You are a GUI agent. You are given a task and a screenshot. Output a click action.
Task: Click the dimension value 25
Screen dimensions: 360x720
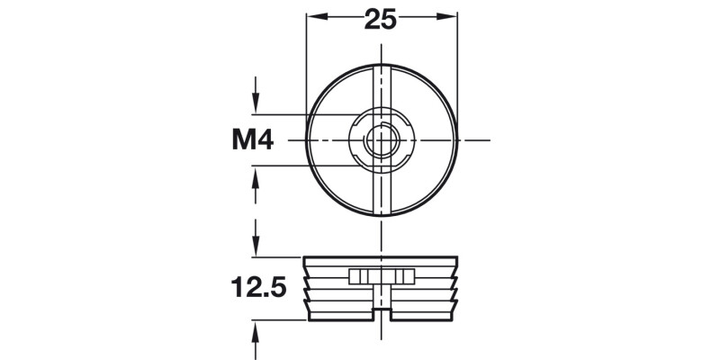click(381, 19)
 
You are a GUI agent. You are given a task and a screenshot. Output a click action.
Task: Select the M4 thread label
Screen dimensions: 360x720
click(254, 140)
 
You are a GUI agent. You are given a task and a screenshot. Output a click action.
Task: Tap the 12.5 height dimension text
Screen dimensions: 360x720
click(258, 288)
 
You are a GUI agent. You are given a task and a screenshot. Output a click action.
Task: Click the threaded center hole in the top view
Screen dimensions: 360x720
click(382, 140)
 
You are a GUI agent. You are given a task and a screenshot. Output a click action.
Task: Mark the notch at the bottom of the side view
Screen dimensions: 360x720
click(382, 314)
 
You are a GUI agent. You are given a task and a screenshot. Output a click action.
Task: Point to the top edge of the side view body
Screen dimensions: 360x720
click(382, 257)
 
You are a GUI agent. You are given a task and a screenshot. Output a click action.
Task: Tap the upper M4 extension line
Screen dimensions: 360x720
click(297, 114)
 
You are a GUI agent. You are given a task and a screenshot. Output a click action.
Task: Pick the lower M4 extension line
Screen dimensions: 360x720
click(297, 166)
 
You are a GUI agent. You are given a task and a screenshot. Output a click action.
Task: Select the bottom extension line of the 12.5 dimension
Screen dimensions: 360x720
click(279, 319)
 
